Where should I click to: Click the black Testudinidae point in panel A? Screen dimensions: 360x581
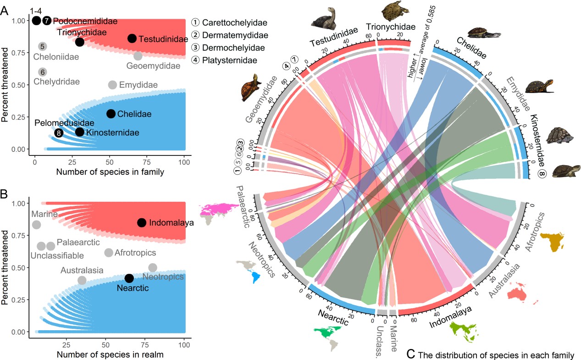(132, 39)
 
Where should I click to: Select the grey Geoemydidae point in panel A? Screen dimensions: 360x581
(138, 56)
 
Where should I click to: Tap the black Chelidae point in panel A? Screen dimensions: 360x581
(111, 114)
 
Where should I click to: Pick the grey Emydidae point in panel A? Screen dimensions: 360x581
(112, 85)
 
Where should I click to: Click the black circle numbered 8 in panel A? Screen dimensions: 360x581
(59, 133)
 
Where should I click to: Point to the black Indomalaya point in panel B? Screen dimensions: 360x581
(142, 222)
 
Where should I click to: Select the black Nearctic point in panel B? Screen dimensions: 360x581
(129, 278)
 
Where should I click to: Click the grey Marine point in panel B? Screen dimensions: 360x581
(36, 225)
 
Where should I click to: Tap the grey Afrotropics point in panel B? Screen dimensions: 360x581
(109, 253)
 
